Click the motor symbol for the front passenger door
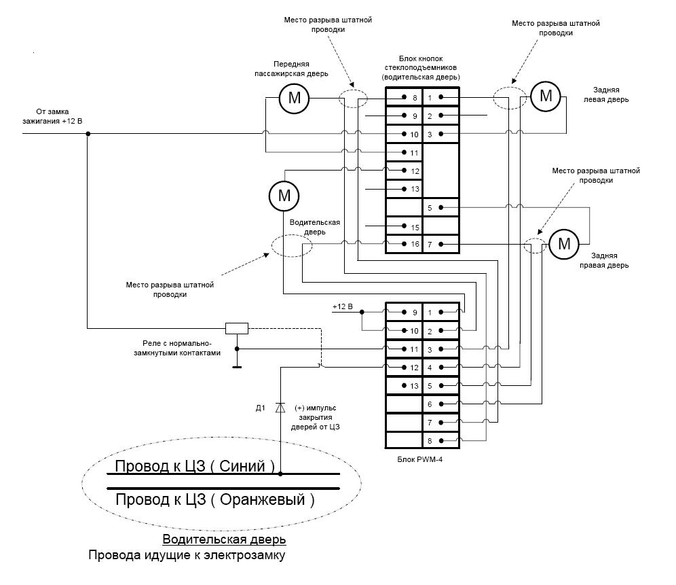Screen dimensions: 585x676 295,98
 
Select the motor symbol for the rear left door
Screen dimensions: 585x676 546,96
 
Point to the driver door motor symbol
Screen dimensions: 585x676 284,196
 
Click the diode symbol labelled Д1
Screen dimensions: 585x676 280,408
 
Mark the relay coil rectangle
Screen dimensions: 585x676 236,327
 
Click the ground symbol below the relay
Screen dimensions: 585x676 236,367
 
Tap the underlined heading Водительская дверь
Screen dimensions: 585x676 224,539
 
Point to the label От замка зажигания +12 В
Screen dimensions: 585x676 60,116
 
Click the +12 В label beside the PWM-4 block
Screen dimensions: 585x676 343,306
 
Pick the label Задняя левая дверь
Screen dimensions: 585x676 609,94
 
